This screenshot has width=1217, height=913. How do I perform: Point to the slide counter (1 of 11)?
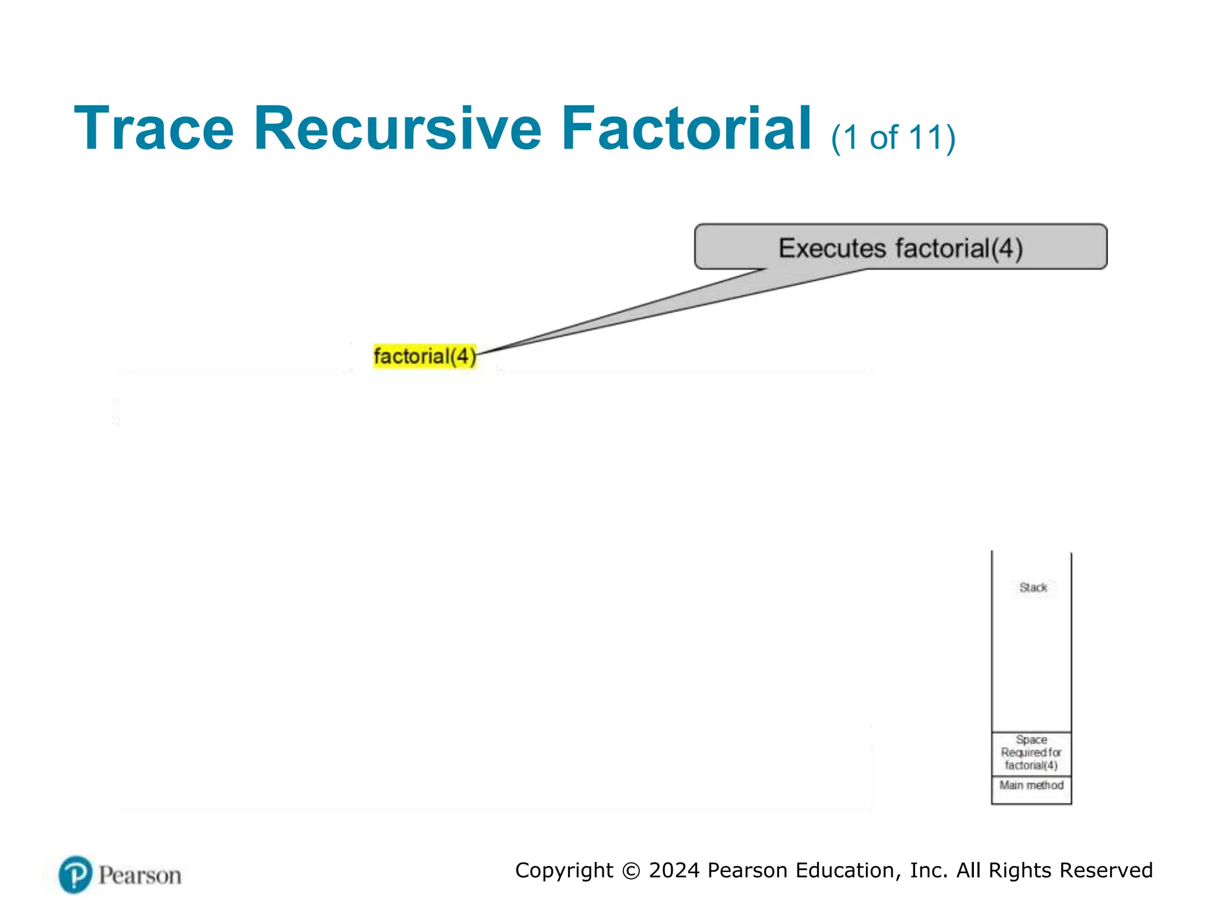point(893,138)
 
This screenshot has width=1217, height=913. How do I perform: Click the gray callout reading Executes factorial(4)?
point(900,247)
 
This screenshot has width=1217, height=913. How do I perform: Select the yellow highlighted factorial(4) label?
point(424,356)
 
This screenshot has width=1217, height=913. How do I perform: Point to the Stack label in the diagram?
point(1033,587)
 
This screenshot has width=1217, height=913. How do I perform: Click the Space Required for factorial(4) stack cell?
point(1031,753)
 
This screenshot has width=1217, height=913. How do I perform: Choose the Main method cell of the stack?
point(1031,786)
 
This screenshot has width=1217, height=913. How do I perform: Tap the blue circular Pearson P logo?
point(75,874)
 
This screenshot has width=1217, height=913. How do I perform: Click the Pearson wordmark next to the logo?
point(140,876)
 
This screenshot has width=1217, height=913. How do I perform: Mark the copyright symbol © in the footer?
point(631,871)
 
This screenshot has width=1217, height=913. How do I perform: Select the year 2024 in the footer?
point(674,870)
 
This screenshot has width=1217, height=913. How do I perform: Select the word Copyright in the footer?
point(564,871)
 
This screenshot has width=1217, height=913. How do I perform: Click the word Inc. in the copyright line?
point(929,870)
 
